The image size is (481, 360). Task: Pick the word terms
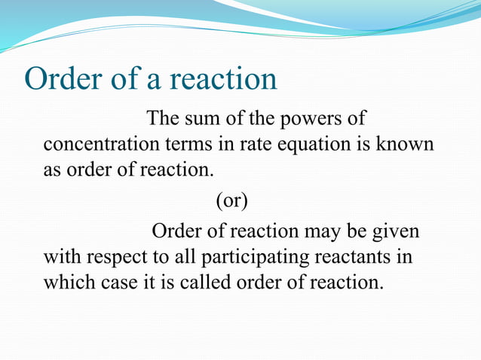179,144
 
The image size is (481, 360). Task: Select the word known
408,144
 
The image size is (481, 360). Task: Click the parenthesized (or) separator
231,200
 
